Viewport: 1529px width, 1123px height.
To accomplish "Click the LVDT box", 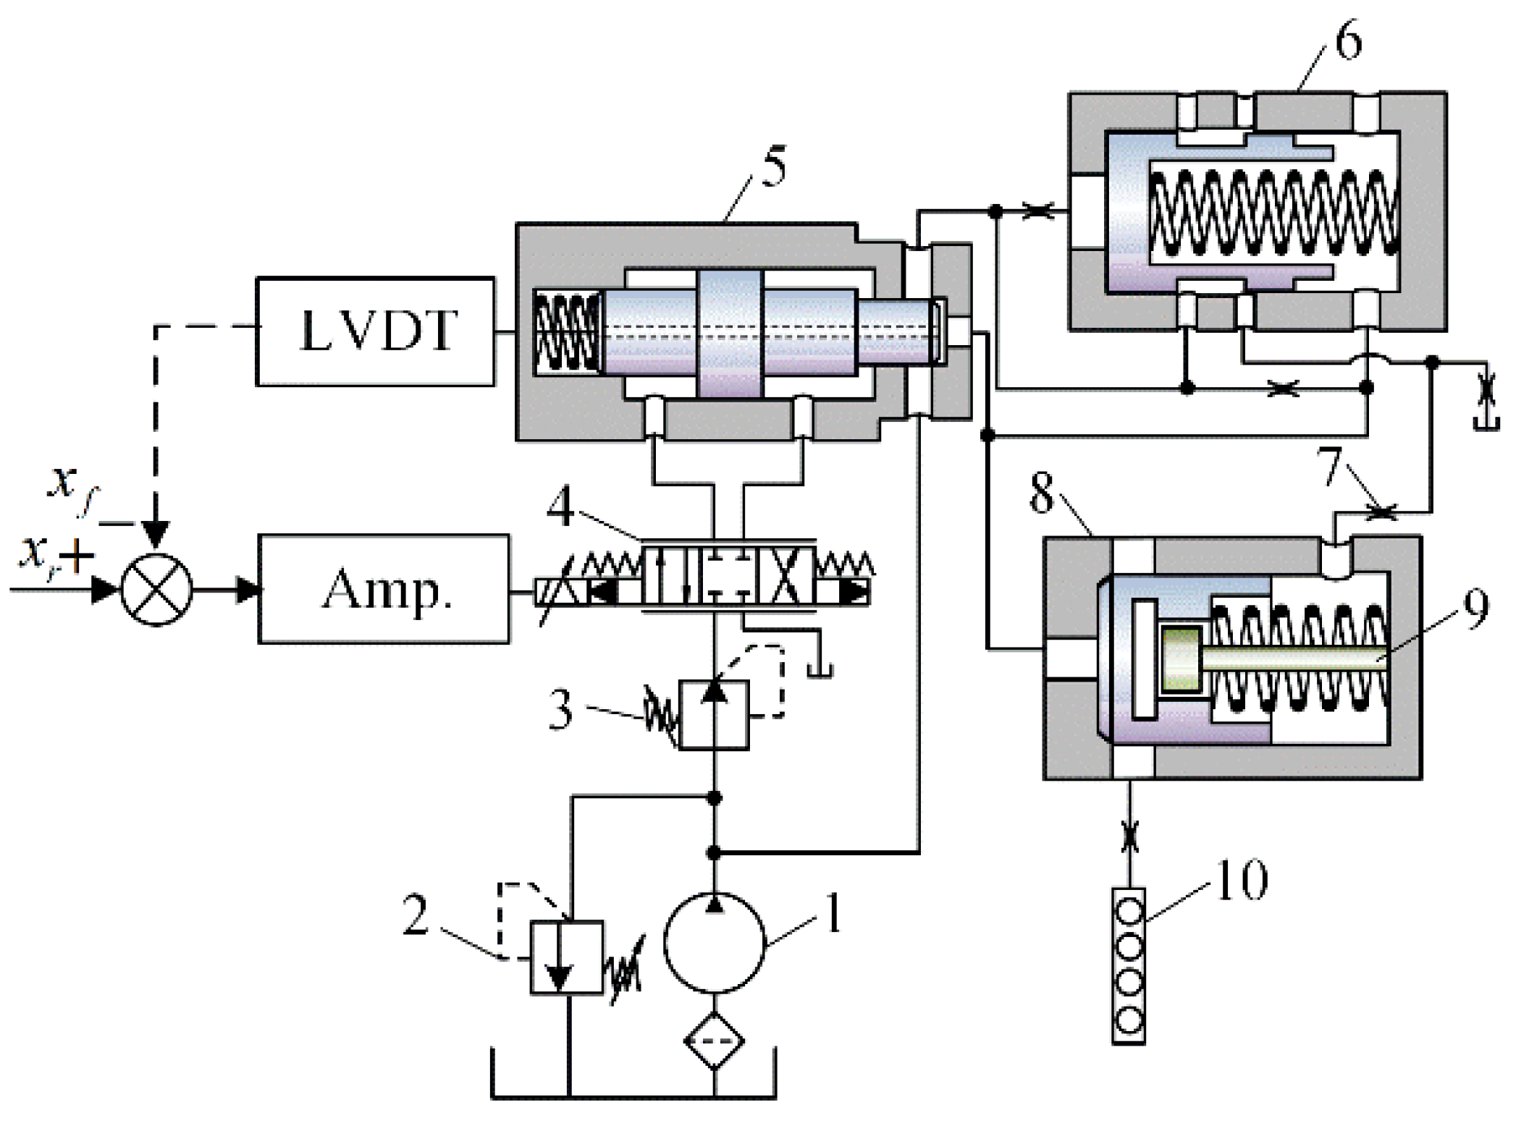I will point(375,331).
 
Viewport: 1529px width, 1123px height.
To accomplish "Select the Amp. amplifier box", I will point(384,589).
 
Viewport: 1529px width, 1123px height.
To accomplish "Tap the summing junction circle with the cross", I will point(156,590).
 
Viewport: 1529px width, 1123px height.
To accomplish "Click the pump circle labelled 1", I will point(714,942).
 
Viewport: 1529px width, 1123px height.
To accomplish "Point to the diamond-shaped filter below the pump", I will point(715,1041).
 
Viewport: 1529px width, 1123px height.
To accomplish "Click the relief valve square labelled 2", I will point(567,957).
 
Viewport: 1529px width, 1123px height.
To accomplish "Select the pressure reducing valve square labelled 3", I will point(714,714).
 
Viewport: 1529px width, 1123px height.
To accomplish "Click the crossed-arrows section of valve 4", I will point(784,576).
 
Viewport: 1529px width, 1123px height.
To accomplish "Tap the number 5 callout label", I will point(772,168).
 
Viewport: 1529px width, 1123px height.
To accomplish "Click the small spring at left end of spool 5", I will point(568,333).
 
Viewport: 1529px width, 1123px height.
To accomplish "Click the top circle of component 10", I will point(1129,911).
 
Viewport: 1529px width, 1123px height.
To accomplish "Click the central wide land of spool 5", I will point(730,334).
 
